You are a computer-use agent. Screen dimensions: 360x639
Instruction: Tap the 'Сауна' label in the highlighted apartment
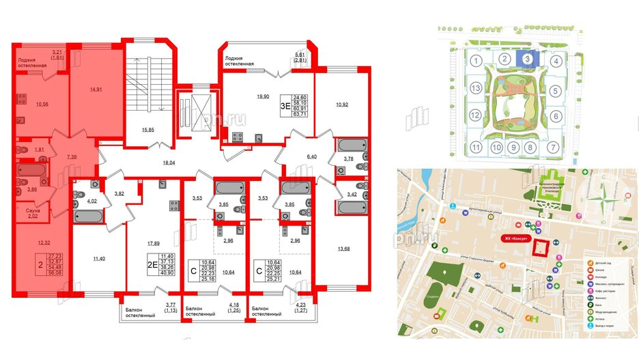(x=24, y=212)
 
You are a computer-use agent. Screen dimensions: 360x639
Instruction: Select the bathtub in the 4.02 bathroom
(x=89, y=216)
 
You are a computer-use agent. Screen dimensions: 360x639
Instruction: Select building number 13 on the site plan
(x=474, y=89)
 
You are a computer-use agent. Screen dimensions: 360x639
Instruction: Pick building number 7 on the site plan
(x=556, y=147)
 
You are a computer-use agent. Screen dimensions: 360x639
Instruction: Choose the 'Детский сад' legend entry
(x=605, y=262)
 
